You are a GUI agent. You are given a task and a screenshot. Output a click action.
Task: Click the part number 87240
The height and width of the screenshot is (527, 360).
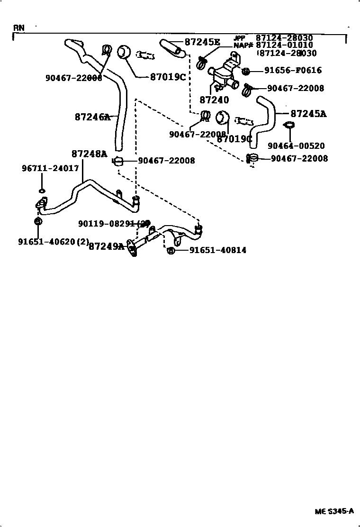tap(214, 100)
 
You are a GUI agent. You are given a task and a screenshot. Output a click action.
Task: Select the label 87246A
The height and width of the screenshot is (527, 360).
tap(92, 116)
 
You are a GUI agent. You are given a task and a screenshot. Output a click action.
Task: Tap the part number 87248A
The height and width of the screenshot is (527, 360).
tap(90, 154)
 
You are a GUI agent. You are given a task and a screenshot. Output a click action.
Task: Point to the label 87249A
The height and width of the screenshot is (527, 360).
tap(107, 246)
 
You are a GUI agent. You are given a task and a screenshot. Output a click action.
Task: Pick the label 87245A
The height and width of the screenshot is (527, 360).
tap(308, 114)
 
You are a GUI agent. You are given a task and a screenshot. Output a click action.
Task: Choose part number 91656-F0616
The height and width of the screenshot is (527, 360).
tap(293, 71)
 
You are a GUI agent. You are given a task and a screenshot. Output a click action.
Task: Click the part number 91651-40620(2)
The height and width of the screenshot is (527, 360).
tap(54, 241)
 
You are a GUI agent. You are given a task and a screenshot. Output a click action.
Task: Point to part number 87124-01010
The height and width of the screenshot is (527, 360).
tap(284, 45)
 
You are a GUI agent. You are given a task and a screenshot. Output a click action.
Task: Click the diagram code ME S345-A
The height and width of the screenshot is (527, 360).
tap(334, 511)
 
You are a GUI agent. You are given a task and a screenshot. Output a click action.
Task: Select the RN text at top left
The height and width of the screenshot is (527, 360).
tap(18, 27)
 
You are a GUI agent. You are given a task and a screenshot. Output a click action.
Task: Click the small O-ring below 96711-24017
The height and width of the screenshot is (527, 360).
tap(42, 191)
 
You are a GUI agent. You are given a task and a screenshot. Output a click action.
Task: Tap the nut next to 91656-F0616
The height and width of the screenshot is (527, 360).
tap(245, 71)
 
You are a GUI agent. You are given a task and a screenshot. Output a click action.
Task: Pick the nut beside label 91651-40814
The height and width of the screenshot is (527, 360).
tap(171, 250)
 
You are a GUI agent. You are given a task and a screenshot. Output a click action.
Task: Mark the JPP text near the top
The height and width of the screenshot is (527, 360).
tap(239, 37)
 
